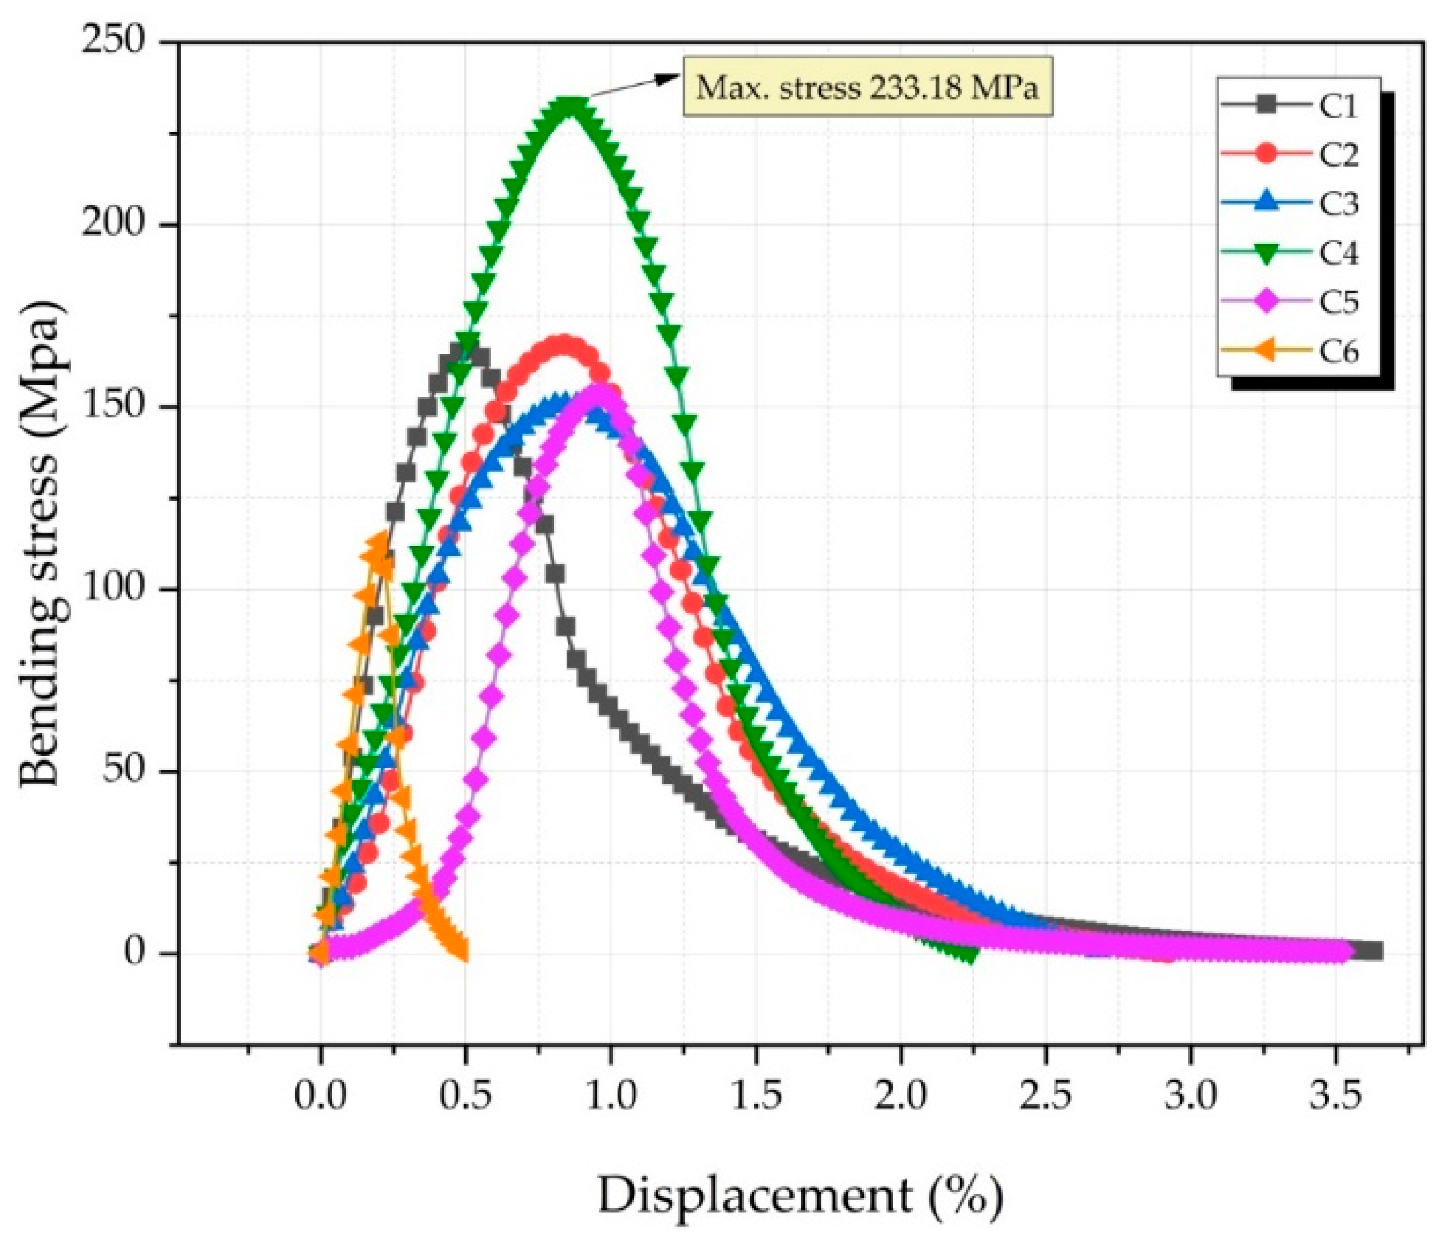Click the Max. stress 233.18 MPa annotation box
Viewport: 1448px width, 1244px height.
pos(867,87)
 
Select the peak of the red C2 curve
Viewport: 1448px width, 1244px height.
pos(563,345)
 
